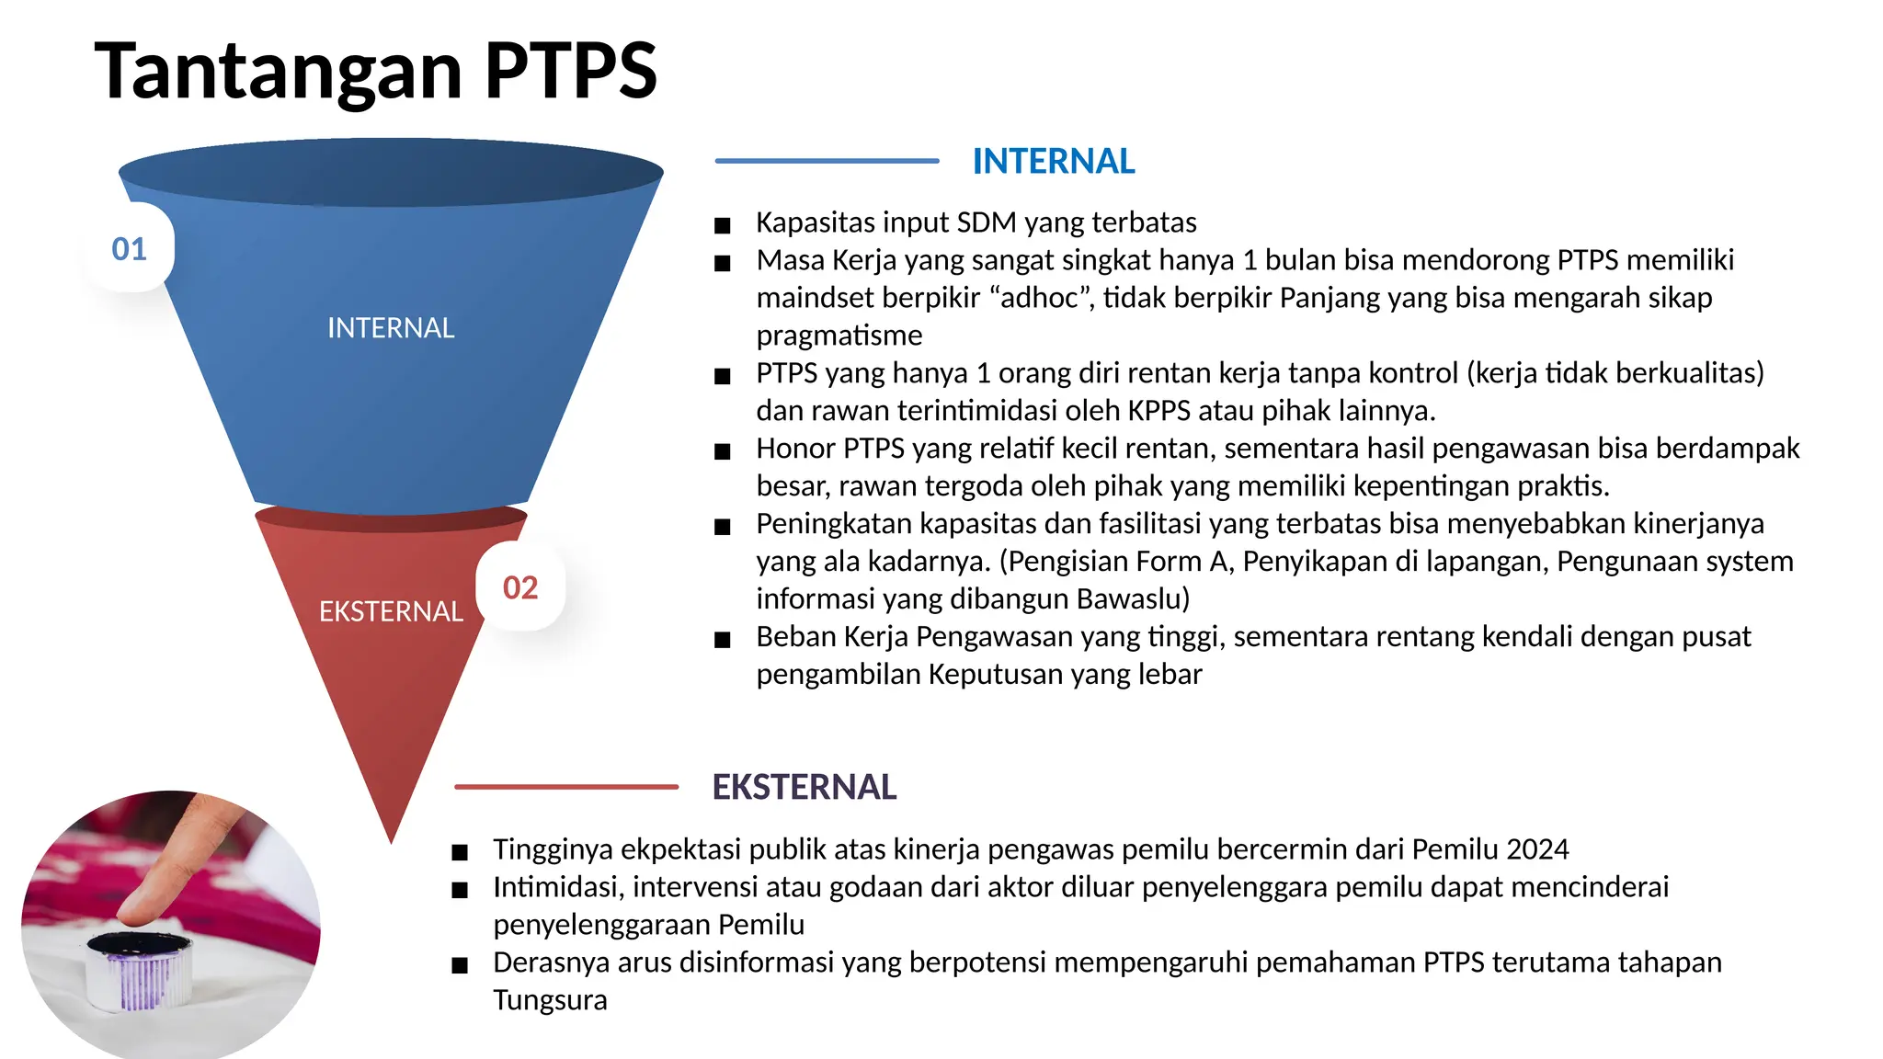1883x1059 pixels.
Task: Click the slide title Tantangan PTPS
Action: (x=375, y=71)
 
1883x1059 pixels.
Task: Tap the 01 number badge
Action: (x=129, y=249)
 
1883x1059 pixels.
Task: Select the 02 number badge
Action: (x=520, y=587)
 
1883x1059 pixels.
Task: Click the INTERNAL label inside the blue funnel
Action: (x=391, y=328)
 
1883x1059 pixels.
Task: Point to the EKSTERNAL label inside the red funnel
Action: (x=391, y=611)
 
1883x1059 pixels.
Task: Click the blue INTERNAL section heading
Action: (x=1054, y=162)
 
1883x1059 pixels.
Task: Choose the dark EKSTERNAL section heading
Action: (x=805, y=788)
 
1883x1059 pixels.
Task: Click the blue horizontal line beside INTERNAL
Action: (x=827, y=161)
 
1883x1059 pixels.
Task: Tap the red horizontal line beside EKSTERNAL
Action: (x=566, y=787)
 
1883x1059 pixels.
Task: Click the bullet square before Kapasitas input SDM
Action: (x=723, y=225)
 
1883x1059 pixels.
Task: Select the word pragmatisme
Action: (x=839, y=336)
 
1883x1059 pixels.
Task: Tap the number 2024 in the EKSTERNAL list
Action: (x=1538, y=849)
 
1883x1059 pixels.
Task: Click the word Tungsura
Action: (x=550, y=1000)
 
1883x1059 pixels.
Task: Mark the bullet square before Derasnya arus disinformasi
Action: (x=460, y=965)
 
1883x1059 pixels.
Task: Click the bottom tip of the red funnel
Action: (x=391, y=838)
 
